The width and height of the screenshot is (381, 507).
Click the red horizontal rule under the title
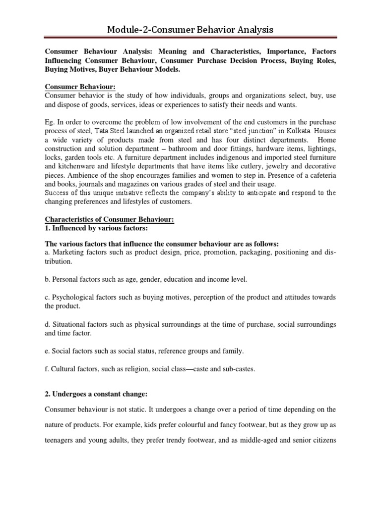click(x=190, y=38)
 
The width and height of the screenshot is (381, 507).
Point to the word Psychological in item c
click(x=74, y=297)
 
